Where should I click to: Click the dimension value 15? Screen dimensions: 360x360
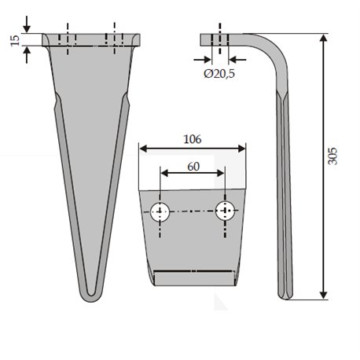tap(15, 40)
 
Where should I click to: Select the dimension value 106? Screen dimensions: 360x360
tap(193, 139)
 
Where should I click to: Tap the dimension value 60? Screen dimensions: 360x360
tap(193, 167)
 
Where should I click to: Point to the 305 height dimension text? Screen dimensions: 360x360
tap(332, 156)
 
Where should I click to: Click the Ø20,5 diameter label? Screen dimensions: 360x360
tap(219, 74)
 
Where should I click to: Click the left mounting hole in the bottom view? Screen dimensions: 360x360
tap(160, 211)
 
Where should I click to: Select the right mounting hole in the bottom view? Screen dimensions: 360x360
tap(225, 211)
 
